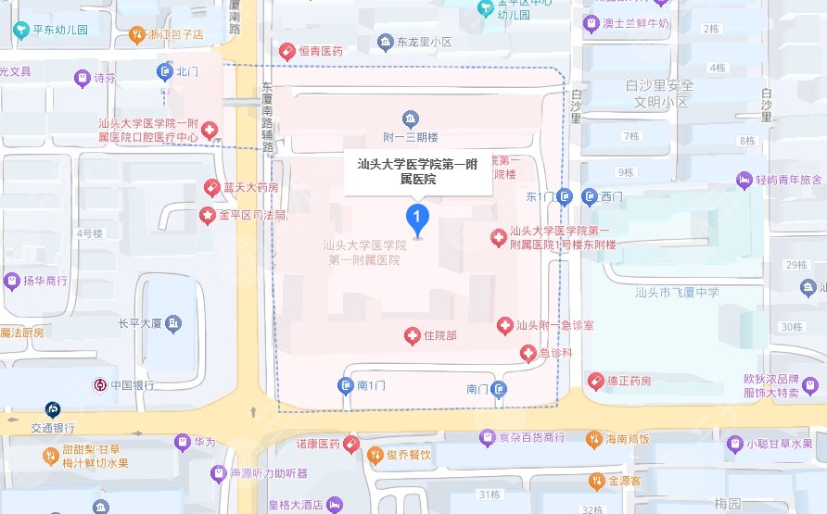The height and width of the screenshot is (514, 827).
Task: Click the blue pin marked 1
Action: (418, 219)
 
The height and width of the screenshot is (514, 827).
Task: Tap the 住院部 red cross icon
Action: (413, 334)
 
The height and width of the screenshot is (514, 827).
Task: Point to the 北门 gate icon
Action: (164, 70)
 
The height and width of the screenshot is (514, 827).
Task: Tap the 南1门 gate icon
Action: (346, 385)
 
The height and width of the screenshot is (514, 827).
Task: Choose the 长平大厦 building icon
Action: (173, 324)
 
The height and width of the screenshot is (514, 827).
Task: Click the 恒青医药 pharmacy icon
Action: (286, 51)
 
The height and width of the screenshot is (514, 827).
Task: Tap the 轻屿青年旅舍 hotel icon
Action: (744, 179)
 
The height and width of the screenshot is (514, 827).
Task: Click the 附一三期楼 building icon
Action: (410, 118)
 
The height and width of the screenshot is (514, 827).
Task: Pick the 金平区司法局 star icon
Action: (210, 215)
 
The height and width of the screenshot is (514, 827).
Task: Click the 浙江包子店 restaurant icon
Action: (137, 34)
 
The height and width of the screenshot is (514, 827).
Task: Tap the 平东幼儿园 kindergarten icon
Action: (21, 30)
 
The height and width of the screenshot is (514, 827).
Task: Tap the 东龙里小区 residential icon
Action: (386, 42)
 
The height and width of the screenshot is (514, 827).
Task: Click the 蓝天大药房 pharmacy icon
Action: (211, 188)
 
